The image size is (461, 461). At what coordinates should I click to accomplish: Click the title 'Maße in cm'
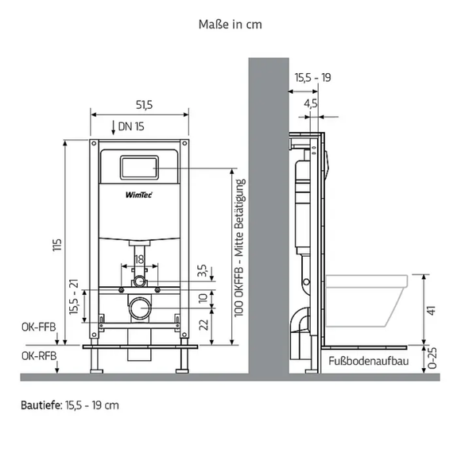click(x=230, y=25)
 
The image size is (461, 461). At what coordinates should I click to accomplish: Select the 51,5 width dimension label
click(x=144, y=105)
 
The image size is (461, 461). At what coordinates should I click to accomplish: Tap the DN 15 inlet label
click(x=131, y=126)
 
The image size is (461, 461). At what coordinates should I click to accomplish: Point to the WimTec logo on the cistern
click(x=139, y=195)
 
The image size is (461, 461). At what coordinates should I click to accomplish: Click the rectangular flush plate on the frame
click(x=139, y=167)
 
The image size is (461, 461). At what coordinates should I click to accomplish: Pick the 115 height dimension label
click(x=57, y=245)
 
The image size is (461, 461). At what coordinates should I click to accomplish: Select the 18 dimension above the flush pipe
click(x=139, y=259)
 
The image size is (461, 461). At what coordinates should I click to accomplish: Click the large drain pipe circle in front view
click(x=140, y=308)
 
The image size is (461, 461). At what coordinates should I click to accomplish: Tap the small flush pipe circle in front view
click(x=140, y=281)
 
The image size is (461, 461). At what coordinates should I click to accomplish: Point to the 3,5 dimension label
click(x=202, y=270)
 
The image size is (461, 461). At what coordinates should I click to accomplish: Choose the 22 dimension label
click(x=203, y=325)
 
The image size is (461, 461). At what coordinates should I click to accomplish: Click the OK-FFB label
click(x=38, y=327)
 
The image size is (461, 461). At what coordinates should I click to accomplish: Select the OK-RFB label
click(x=39, y=356)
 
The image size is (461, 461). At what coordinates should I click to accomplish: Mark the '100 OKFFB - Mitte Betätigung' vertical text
click(x=239, y=248)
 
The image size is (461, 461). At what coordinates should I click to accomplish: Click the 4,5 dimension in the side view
click(x=311, y=104)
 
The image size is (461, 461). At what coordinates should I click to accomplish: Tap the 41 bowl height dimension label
click(x=431, y=310)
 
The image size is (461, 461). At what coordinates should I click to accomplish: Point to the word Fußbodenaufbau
click(x=369, y=361)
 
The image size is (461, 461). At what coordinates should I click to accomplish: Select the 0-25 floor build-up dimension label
click(x=432, y=358)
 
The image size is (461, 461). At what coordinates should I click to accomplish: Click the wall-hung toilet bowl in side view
click(x=366, y=300)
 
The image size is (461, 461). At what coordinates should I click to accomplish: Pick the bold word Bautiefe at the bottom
click(x=41, y=405)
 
